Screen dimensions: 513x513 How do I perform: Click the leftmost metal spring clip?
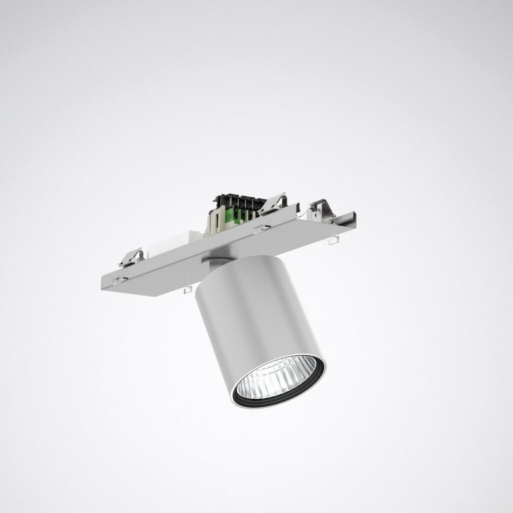click(x=131, y=256)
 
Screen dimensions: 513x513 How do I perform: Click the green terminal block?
click(x=241, y=212)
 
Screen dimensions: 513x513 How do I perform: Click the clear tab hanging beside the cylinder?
click(x=188, y=290)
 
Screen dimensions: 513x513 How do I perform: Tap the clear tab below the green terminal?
click(x=262, y=229)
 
